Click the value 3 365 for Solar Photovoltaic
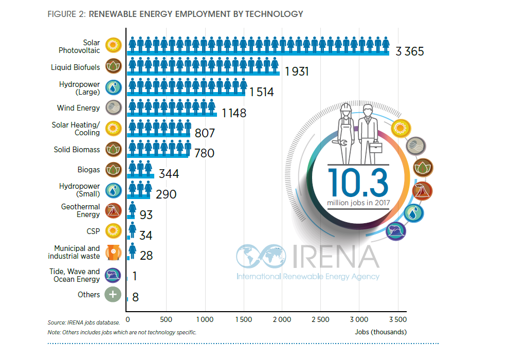(409, 51)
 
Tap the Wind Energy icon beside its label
(113, 107)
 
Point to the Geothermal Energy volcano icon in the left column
(113, 210)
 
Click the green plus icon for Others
(113, 295)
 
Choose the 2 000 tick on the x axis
(282, 319)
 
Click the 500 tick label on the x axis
(166, 319)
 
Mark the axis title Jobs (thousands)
(380, 332)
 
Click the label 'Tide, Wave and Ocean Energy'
(75, 275)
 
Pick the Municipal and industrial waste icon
(113, 252)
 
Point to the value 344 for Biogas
(169, 174)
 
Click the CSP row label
(93, 231)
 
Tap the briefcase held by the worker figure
(376, 148)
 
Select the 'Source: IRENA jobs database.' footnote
(84, 322)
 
